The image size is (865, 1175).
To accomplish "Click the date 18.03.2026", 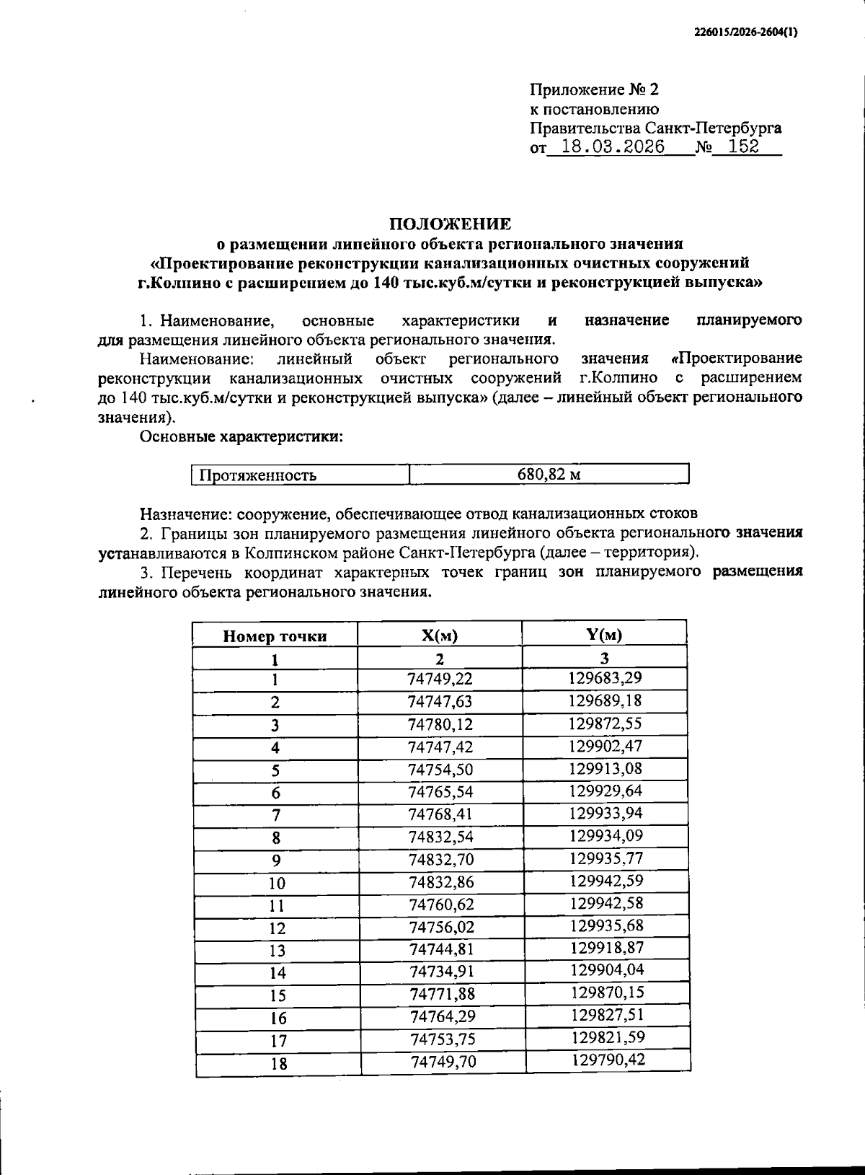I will pyautogui.click(x=613, y=147).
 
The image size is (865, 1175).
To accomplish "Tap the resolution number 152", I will pyautogui.click(x=744, y=147).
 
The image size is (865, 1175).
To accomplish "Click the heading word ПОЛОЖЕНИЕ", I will pyautogui.click(x=451, y=224).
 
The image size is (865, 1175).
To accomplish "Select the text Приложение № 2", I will pyautogui.click(x=595, y=90).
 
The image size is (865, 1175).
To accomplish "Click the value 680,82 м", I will pyautogui.click(x=549, y=475).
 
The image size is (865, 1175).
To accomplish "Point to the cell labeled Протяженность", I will pyautogui.click(x=257, y=475).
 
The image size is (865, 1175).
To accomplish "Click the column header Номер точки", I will pyautogui.click(x=275, y=636).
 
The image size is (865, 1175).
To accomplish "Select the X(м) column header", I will pyautogui.click(x=440, y=635).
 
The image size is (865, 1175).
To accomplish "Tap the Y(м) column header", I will pyautogui.click(x=604, y=635).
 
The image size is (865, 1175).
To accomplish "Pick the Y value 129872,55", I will pyautogui.click(x=605, y=723).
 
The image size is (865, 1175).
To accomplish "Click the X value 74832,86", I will pyautogui.click(x=441, y=882).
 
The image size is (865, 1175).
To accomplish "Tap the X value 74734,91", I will pyautogui.click(x=442, y=972).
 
